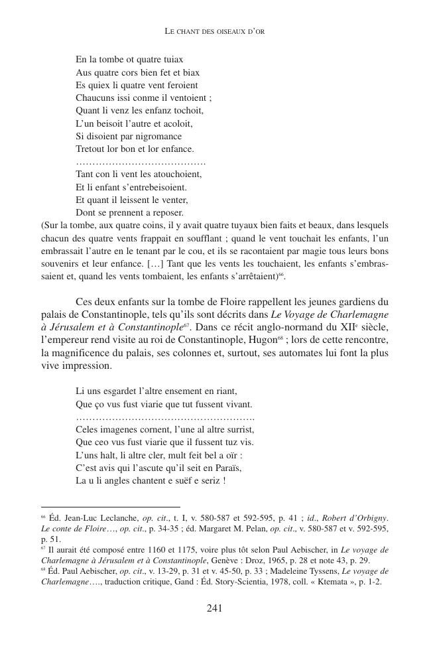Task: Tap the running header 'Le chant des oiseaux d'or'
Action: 215,31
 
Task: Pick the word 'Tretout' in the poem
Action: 91,149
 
